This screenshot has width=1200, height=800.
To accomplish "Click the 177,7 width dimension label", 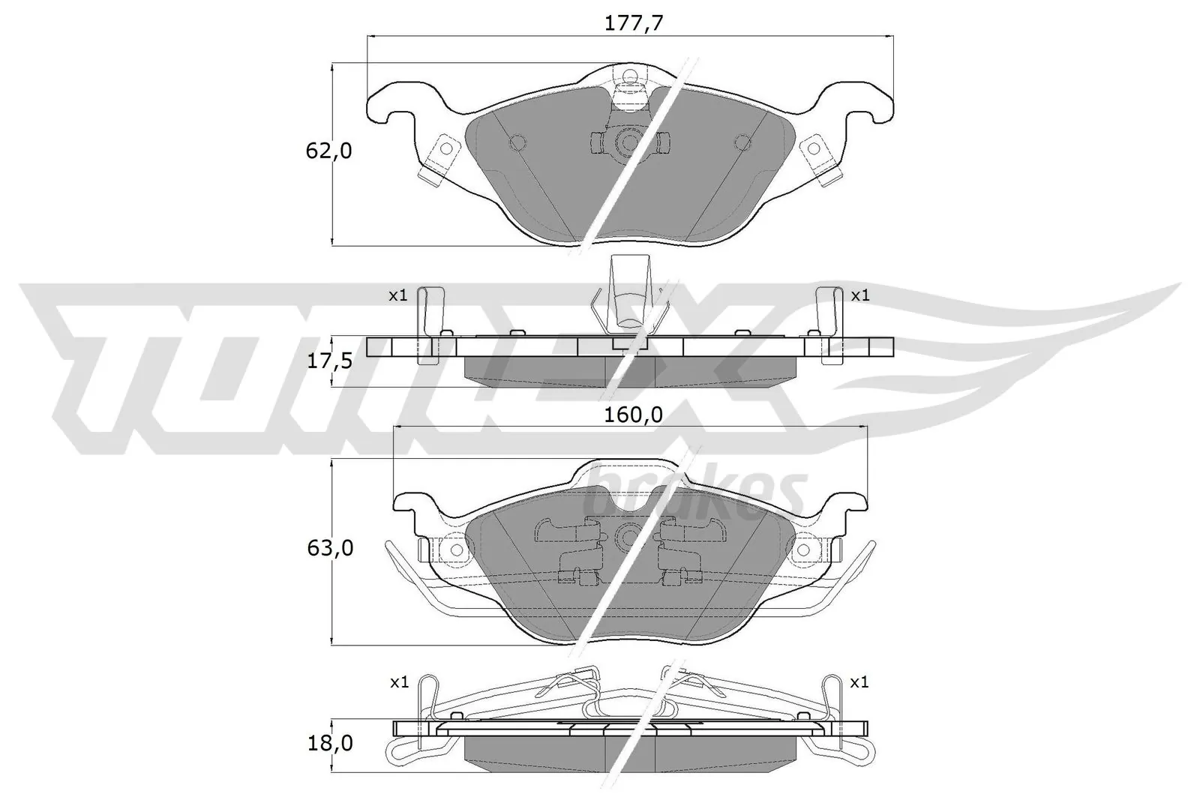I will pyautogui.click(x=634, y=23).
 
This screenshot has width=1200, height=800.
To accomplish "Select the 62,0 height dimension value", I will pyautogui.click(x=328, y=151).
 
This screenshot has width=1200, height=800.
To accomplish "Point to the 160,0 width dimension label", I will pyautogui.click(x=634, y=415).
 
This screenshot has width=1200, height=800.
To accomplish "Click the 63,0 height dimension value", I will pyautogui.click(x=328, y=548).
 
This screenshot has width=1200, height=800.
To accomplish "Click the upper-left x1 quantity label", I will pyautogui.click(x=397, y=295).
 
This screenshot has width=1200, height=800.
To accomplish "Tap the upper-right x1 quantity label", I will pyautogui.click(x=859, y=295).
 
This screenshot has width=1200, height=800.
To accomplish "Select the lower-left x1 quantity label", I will pyautogui.click(x=399, y=683).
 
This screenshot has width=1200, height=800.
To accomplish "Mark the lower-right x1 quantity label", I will pyautogui.click(x=859, y=683).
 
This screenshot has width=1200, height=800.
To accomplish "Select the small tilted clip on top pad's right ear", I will pyautogui.click(x=820, y=161).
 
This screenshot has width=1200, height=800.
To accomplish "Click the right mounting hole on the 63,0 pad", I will pyautogui.click(x=803, y=550).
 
